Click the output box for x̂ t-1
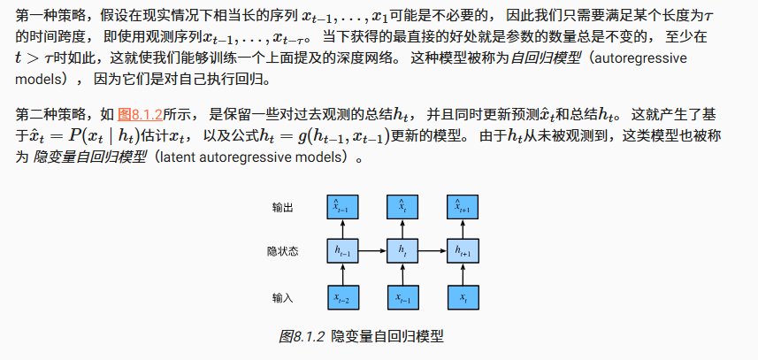click(x=340, y=207)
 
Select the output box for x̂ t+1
click(x=464, y=207)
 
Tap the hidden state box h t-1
click(x=340, y=251)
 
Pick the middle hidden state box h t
click(x=402, y=251)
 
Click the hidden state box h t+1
click(x=464, y=251)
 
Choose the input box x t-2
click(x=340, y=298)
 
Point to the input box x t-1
click(x=402, y=298)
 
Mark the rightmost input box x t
click(x=464, y=298)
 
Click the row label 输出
click(x=283, y=207)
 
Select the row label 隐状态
click(x=283, y=251)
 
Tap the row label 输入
click(x=283, y=298)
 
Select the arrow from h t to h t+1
click(x=433, y=251)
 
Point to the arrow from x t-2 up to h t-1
click(x=340, y=275)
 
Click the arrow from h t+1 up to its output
click(x=464, y=229)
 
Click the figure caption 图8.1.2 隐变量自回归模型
click(x=360, y=337)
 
